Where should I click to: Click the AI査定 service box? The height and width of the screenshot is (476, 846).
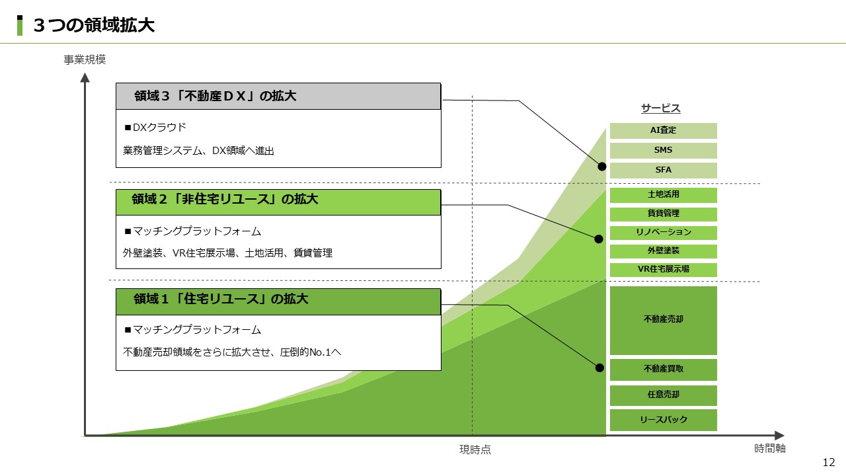coord(663,131)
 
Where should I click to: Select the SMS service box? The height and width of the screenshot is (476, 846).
coord(663,150)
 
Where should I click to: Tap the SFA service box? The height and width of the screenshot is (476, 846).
coord(663,171)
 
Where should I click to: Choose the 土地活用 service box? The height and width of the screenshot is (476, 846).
coord(663,195)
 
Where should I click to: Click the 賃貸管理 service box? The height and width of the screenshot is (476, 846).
coord(663,214)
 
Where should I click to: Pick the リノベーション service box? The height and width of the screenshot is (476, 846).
coord(663,233)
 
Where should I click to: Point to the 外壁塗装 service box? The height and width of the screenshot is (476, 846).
coord(663,251)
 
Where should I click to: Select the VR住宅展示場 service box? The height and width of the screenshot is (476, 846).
coord(663,270)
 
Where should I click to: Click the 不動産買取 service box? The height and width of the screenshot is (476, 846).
coord(663,370)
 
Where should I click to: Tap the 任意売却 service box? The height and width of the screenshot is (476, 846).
coord(663,395)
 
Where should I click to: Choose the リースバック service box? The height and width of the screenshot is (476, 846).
coord(663,420)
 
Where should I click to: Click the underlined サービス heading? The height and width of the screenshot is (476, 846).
coord(660,108)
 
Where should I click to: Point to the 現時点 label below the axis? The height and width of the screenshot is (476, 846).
coord(475,450)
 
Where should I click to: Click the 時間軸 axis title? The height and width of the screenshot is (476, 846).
coord(770,448)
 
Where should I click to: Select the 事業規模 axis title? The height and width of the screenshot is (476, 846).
coord(85,59)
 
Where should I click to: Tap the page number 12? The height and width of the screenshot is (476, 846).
coord(829,462)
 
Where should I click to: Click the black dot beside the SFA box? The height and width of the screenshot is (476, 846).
coord(601,167)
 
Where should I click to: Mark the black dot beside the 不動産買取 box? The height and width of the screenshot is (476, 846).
coord(599,368)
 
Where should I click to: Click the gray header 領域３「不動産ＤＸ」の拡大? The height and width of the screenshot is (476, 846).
coord(278,97)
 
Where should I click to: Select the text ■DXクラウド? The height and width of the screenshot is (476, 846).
coord(155,128)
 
